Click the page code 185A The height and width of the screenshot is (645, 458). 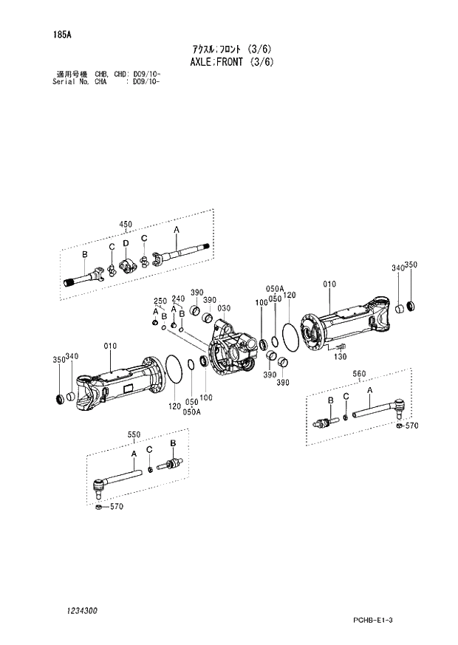[61, 35]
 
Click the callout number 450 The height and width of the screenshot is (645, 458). [125, 225]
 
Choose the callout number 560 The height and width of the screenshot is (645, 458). [358, 374]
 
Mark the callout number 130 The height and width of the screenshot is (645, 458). [339, 357]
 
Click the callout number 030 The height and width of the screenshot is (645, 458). [225, 308]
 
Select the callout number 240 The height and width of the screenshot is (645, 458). [177, 298]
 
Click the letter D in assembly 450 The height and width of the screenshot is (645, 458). [126, 243]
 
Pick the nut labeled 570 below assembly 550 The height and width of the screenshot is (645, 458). [98, 507]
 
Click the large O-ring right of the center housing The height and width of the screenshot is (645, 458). [290, 341]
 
